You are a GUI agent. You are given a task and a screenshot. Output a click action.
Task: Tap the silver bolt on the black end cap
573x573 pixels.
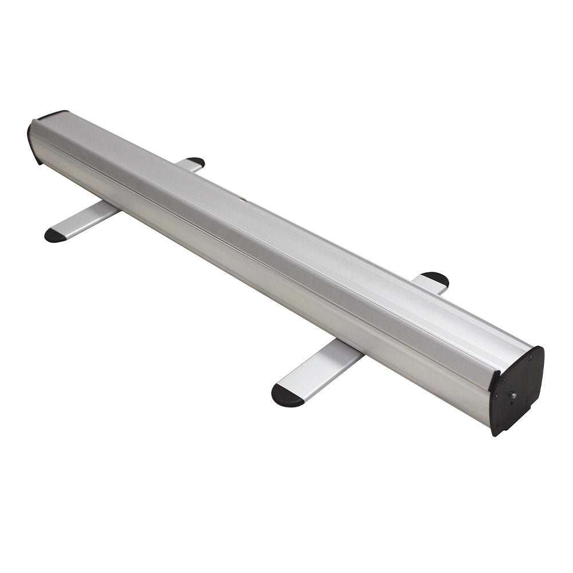pos(513,394)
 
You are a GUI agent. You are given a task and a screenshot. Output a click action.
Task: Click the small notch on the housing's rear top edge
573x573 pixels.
pos(242,199)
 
